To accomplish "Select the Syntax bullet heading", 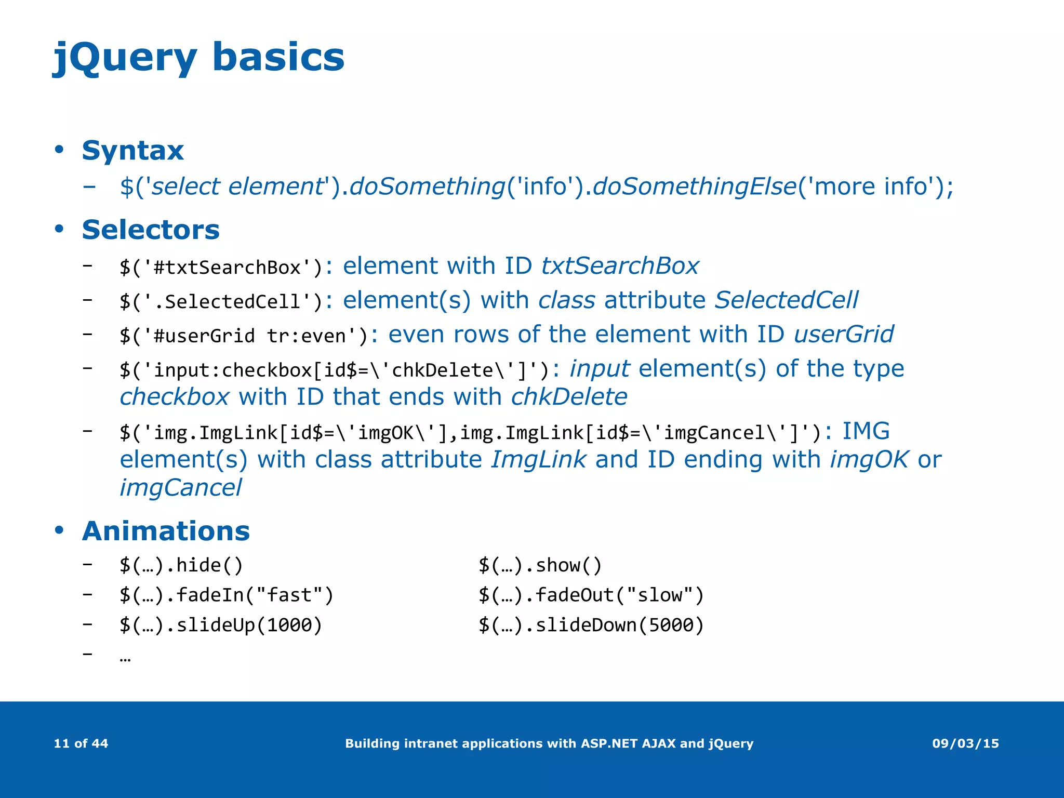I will click(132, 151).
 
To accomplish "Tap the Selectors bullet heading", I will click(151, 230).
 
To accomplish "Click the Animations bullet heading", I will click(166, 531).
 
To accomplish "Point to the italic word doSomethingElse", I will click(695, 187).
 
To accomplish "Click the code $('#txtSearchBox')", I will click(221, 268).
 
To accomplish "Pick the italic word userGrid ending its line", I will click(844, 334).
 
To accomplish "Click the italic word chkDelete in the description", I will click(569, 397).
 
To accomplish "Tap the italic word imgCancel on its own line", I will click(180, 488).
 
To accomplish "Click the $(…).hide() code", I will click(181, 565).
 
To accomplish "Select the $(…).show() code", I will click(540, 565).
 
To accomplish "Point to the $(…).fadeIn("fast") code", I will click(226, 595).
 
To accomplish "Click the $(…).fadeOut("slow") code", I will click(591, 595).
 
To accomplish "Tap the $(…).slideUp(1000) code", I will click(221, 625).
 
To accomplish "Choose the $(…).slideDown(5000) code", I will click(591, 625).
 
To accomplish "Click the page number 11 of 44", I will click(81, 743).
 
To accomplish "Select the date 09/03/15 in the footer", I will click(965, 743).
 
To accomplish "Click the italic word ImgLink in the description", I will click(538, 460).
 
